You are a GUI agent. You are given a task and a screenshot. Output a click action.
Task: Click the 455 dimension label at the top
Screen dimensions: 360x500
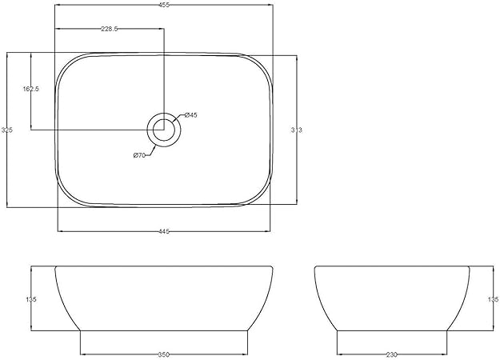[163, 3]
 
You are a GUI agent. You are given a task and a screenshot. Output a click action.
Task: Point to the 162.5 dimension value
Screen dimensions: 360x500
[31, 90]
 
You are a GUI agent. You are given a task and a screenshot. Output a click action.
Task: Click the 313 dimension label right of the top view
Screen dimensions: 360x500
[297, 129]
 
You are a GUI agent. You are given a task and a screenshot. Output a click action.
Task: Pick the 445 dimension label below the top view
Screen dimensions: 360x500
[163, 231]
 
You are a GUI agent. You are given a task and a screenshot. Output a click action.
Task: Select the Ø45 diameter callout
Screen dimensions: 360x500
[190, 116]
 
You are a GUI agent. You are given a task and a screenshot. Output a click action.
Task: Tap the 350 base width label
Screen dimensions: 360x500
[163, 353]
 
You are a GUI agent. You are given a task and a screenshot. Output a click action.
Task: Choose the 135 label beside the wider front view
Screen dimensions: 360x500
[31, 299]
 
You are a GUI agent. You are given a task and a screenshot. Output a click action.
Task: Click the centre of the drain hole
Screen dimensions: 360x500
[163, 128]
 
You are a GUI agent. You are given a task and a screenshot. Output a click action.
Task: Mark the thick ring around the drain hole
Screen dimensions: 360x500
[152, 128]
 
